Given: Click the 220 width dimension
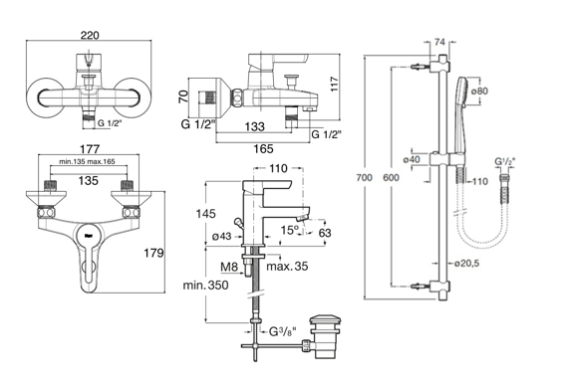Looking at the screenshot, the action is [x=90, y=35].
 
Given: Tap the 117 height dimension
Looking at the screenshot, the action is [x=335, y=84].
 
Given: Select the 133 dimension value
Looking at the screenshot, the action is [x=255, y=126].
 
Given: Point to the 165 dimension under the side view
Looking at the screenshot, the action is [x=264, y=148].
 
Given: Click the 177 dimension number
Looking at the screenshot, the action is [x=90, y=148].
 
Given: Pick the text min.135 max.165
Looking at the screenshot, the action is [x=88, y=161].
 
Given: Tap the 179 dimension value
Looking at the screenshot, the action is [x=153, y=253].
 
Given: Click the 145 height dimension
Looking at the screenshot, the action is [x=205, y=214].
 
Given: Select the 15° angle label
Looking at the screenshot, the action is [x=290, y=230].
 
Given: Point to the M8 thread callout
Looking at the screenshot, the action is [x=229, y=267].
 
